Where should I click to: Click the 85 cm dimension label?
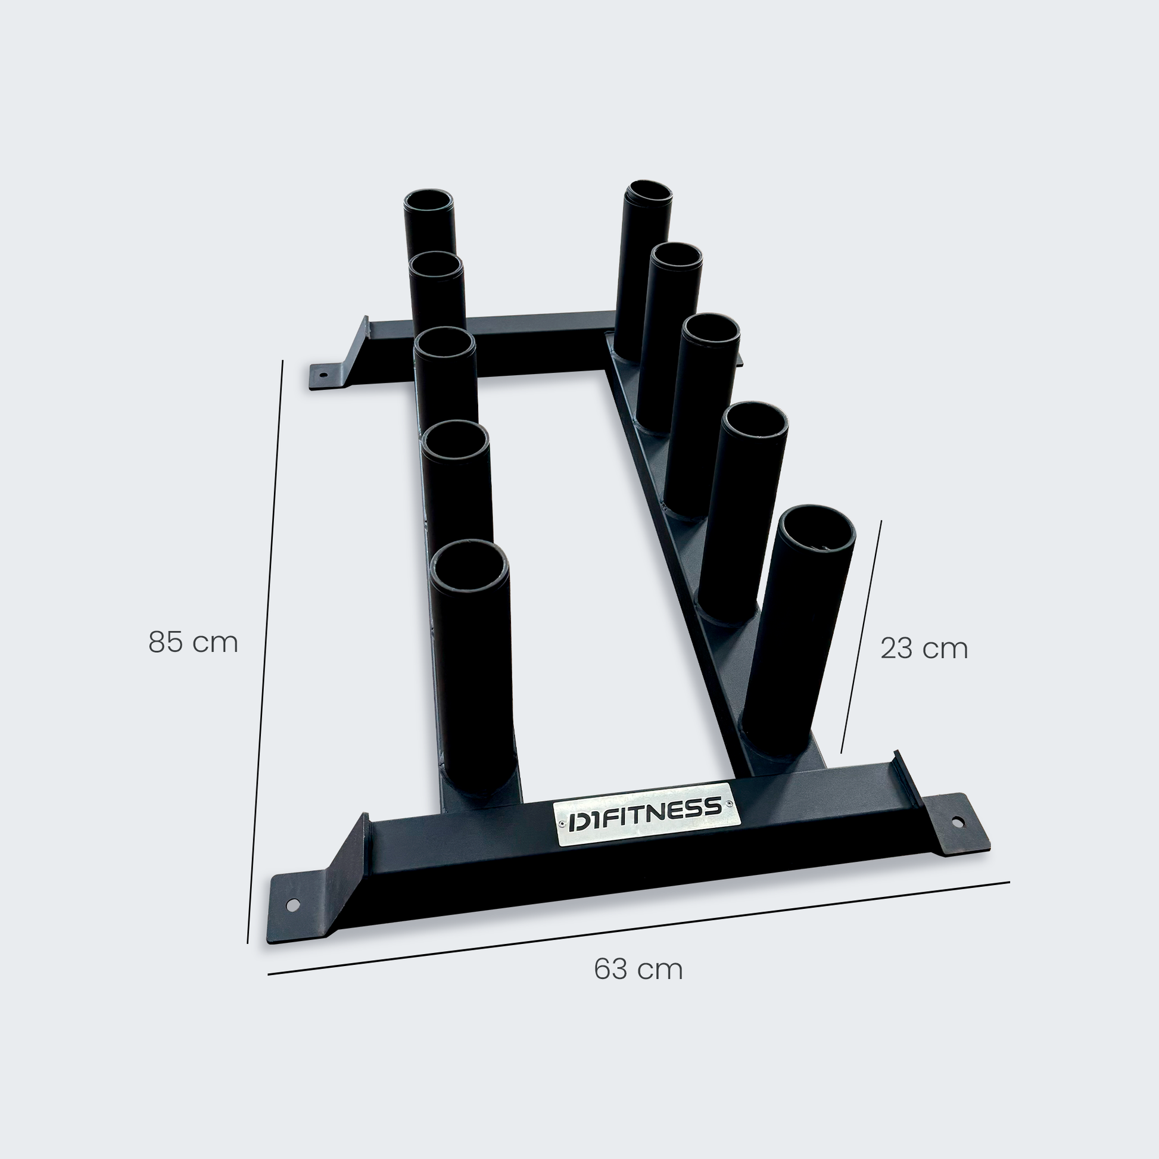tap(193, 642)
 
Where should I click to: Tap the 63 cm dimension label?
tap(638, 970)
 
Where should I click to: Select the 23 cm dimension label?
tap(924, 649)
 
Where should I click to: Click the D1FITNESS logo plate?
tap(646, 814)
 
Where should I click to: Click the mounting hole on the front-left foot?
tap(293, 904)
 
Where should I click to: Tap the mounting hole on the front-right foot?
tap(957, 820)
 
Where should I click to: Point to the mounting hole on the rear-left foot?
tap(323, 376)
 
